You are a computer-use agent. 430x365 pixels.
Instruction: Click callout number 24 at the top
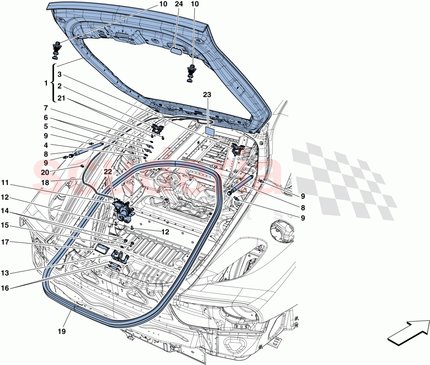click(x=178, y=4)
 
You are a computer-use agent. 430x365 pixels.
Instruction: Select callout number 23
click(x=207, y=97)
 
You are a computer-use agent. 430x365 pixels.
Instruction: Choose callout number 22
click(x=107, y=171)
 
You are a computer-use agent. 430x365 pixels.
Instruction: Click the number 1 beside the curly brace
click(x=46, y=83)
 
